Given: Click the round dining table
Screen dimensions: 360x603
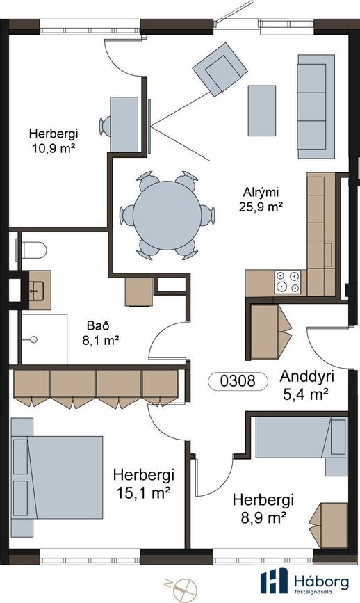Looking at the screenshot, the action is click(x=167, y=216).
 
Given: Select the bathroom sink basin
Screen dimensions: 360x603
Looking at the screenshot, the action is click(x=38, y=291).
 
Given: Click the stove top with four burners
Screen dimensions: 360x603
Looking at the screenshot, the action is click(x=288, y=282).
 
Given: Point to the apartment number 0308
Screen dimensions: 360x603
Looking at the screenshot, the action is click(x=238, y=381).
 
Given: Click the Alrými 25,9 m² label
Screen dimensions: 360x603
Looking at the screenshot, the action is click(x=261, y=199).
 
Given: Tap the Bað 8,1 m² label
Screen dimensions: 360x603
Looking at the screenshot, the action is click(x=100, y=333).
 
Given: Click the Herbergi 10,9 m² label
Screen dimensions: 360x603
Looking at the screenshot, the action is click(x=54, y=140).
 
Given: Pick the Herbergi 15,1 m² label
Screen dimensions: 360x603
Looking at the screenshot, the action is click(x=144, y=483).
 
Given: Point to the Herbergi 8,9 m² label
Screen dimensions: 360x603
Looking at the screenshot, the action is click(x=263, y=508).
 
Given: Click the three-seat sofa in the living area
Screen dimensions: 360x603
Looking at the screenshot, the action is click(x=316, y=106).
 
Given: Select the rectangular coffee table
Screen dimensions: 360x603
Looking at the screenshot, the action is click(x=261, y=111).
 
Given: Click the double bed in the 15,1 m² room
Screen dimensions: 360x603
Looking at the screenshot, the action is click(x=57, y=477).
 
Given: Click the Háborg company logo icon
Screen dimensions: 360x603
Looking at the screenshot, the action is click(x=274, y=580).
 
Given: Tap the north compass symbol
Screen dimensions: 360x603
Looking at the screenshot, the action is click(x=184, y=589).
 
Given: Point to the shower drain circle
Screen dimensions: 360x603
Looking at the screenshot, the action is click(x=34, y=339).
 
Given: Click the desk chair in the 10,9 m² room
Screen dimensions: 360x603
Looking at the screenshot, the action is click(x=105, y=126).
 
